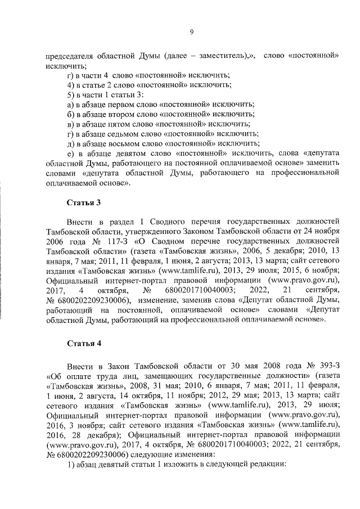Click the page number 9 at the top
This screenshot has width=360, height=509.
(x=191, y=32)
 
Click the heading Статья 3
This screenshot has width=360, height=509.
(x=84, y=201)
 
